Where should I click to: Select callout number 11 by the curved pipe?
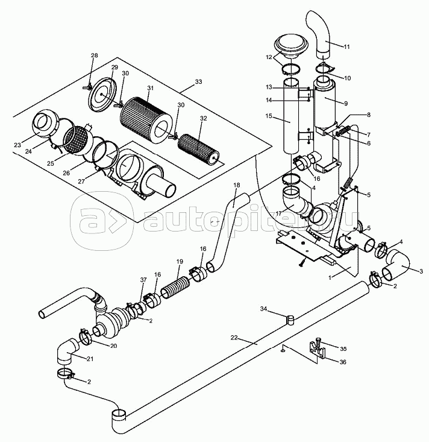[x=347, y=46]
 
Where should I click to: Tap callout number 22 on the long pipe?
[x=235, y=339]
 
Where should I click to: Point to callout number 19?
[x=179, y=262]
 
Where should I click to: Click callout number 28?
[x=94, y=56]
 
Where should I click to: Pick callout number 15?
[x=269, y=115]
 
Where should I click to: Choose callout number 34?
[x=264, y=309]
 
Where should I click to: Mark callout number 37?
[x=143, y=279]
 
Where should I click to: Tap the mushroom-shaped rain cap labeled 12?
[x=292, y=46]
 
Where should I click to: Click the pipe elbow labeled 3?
[x=397, y=265]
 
